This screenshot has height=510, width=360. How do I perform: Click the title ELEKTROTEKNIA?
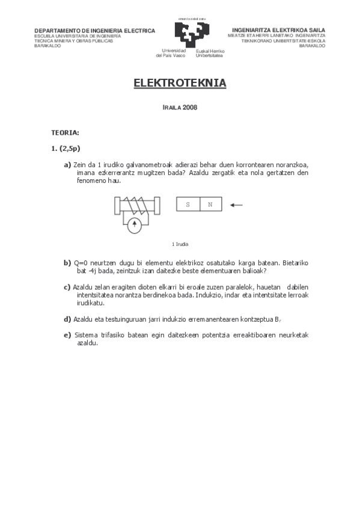(x=180, y=83)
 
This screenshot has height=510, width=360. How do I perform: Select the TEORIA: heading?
(x=65, y=132)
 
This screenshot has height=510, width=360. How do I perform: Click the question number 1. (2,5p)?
(x=66, y=149)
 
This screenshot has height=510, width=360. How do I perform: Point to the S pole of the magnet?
(x=188, y=205)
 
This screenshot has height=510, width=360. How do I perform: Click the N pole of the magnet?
(x=210, y=205)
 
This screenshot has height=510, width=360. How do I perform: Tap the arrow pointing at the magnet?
(x=236, y=205)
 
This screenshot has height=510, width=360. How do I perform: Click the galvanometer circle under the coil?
(x=135, y=226)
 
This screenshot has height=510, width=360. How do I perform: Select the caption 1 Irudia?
(x=180, y=244)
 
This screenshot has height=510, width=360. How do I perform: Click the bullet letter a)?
(x=67, y=164)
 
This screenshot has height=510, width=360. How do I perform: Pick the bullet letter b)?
(x=67, y=263)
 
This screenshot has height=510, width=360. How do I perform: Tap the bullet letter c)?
(x=67, y=286)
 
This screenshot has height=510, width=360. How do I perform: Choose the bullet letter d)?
(x=67, y=318)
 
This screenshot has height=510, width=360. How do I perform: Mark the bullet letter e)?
(x=67, y=335)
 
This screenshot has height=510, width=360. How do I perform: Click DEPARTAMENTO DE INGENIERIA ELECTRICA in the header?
(x=94, y=31)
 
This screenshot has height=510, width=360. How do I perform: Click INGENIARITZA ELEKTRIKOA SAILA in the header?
(x=278, y=30)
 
